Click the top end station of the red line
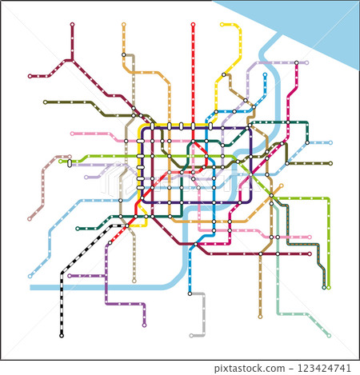(193, 25)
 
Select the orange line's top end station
(123, 25)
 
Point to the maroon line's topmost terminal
(72, 25)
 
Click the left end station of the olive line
(45, 102)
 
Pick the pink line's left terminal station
(71, 134)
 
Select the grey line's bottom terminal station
(192, 333)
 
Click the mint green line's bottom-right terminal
(329, 336)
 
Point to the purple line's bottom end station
(144, 325)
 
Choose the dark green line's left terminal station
(78, 229)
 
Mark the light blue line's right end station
(330, 142)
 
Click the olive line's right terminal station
(330, 163)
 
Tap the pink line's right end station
(309, 237)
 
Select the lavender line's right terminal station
(306, 62)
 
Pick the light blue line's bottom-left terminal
(30, 277)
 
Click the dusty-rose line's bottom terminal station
(30, 217)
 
